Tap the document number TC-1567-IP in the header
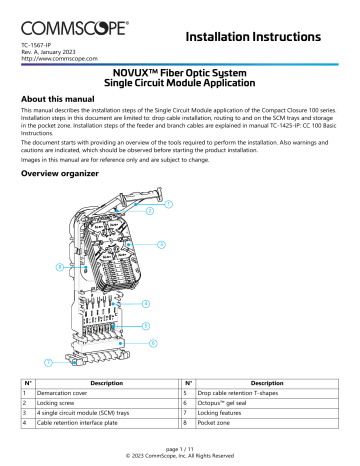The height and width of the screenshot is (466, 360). pos(38,47)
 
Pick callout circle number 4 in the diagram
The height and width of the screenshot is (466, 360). pos(147,302)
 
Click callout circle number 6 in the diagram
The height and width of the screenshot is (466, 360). pos(153,343)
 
